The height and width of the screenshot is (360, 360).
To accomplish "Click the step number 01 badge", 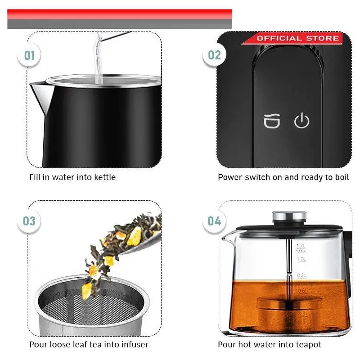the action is point(29,55).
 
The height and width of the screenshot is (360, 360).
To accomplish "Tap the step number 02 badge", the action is point(214,55).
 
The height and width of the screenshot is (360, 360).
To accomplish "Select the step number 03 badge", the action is point(29,221).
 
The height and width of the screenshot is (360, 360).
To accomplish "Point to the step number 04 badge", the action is point(214,221).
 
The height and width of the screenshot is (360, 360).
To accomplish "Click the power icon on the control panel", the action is point(301,120).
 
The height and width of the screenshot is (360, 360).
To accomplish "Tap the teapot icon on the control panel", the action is point(272,121).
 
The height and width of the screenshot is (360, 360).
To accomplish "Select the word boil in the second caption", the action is point(342,177).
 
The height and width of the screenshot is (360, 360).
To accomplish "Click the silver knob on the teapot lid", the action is point(289,216).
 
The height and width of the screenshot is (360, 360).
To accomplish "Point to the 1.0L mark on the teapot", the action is point(301,259).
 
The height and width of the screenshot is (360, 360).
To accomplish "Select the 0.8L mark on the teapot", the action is point(301,275).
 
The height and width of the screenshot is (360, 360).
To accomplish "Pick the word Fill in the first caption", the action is point(35,177).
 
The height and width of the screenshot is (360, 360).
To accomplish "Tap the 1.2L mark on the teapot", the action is point(301,246).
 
